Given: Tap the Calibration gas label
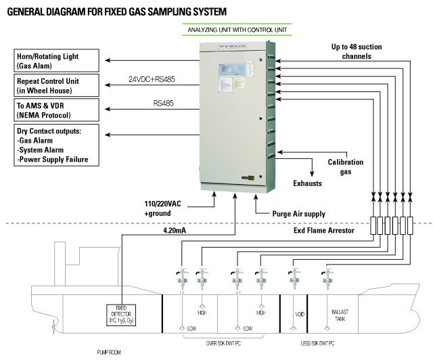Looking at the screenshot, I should coord(346,167).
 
